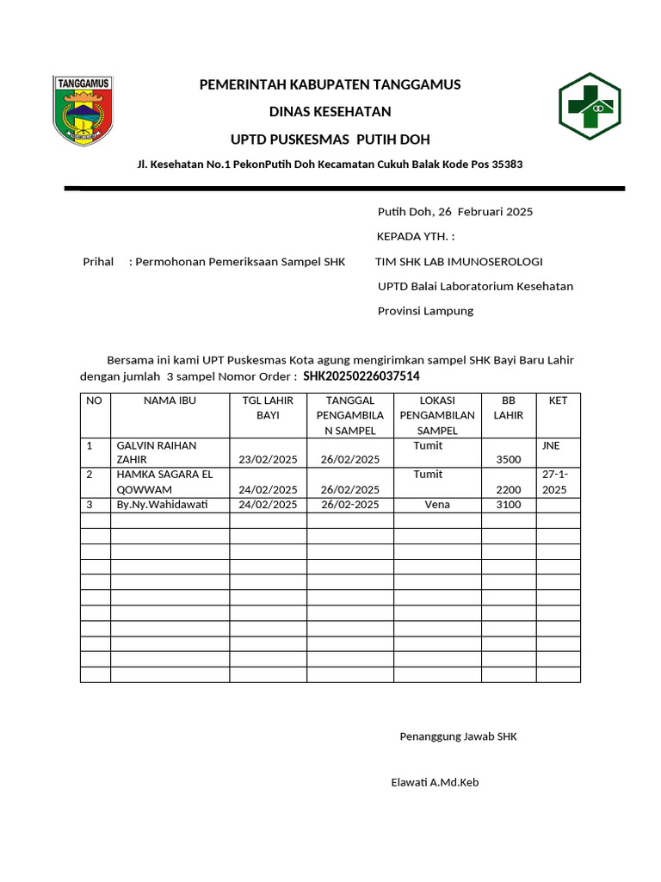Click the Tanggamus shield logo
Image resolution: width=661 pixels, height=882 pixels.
pos(83,109)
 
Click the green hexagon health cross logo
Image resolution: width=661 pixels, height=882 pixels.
pos(589,106)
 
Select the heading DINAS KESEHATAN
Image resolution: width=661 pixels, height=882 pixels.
pos(330,112)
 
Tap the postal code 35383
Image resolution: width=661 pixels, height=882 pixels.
pos(507,164)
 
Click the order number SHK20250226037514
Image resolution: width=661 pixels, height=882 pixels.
pos(361,376)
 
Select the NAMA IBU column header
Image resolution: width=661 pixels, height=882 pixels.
pos(170,401)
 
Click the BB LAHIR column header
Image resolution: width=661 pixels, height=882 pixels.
pos(508,407)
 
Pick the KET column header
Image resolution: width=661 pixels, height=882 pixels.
pos(558,401)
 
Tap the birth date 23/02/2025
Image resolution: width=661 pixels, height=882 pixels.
pos(268,460)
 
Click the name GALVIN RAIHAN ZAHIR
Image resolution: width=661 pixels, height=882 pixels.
pos(157,452)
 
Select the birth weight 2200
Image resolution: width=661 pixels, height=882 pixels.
pos(509,490)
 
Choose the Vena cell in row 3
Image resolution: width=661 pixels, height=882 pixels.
pos(437,505)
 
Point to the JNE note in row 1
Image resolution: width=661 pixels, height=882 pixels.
pos(551,445)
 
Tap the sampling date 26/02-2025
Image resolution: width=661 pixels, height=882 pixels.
pos(349,505)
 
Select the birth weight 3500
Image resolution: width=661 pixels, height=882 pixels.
pos(509,461)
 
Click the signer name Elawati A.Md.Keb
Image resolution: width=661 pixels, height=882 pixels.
pos(435,783)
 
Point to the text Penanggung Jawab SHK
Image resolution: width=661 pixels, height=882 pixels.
pos(458,736)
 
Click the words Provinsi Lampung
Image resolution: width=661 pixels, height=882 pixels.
pos(425,311)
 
